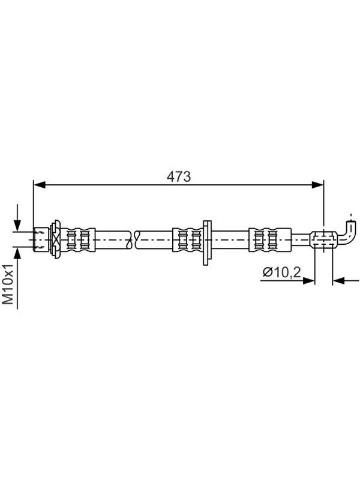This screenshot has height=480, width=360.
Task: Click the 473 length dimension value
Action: (x=178, y=176)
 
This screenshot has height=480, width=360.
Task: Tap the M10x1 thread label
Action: (x=8, y=284)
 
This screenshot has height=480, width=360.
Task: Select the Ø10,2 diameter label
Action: (x=281, y=272)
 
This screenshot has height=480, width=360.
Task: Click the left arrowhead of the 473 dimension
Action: (x=40, y=185)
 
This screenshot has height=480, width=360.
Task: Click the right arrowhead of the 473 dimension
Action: (x=317, y=185)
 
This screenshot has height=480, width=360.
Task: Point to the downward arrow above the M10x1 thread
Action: (x=17, y=218)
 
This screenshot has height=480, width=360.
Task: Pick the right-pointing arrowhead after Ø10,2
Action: (x=308, y=280)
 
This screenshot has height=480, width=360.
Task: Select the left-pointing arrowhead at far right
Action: (x=338, y=280)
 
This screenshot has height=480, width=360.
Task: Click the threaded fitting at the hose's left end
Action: (x=41, y=239)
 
